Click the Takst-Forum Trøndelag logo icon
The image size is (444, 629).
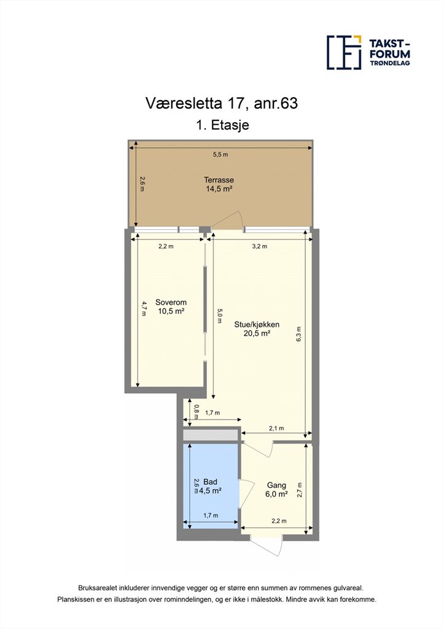coord(344,53)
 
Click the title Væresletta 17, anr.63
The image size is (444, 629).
coord(222,103)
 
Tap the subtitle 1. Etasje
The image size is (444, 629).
coord(222,125)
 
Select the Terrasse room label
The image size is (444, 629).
coord(219,180)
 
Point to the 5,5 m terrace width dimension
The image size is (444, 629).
coord(220,154)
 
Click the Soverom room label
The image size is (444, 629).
coord(171,302)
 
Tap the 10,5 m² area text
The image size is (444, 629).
coord(171,311)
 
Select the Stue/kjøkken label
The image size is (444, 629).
coord(257,324)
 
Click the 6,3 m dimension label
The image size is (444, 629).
coord(298,334)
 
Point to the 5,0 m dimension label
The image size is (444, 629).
coord(219,316)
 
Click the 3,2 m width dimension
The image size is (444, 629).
coord(260,246)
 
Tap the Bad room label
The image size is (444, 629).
coord(211,482)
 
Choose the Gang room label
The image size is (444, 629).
coord(276,485)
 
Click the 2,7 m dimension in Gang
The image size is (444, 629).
coord(299,490)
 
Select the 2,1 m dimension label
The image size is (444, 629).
coord(276,428)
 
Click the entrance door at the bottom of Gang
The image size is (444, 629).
coord(267,545)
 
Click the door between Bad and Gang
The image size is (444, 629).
coord(246,494)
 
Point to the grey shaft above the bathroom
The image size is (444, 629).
coord(211,435)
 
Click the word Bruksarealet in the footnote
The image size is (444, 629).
coord(93,588)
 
